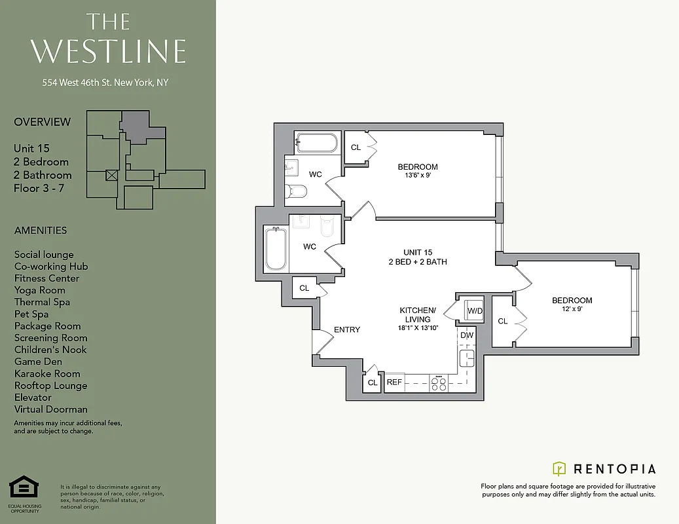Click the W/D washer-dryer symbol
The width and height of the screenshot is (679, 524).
point(474,310)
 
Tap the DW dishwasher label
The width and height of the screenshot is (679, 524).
point(466,335)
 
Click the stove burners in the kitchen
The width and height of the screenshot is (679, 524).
point(438,384)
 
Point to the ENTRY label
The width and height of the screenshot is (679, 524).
point(347,329)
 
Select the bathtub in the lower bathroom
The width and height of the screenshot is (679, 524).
point(276,248)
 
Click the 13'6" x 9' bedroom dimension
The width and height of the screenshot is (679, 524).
point(418,176)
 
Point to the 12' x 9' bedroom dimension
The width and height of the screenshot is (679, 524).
point(572,309)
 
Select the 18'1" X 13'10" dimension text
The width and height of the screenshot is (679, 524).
point(418,328)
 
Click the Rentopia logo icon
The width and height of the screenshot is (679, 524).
point(559,468)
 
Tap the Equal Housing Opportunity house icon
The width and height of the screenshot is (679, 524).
point(24,488)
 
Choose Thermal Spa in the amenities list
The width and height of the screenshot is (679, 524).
point(42,302)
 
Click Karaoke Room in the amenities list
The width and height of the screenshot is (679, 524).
point(47,373)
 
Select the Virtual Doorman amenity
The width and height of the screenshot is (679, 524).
point(50,409)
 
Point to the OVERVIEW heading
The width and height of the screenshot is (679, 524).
point(42,122)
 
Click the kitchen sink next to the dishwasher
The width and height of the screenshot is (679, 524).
point(466,358)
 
